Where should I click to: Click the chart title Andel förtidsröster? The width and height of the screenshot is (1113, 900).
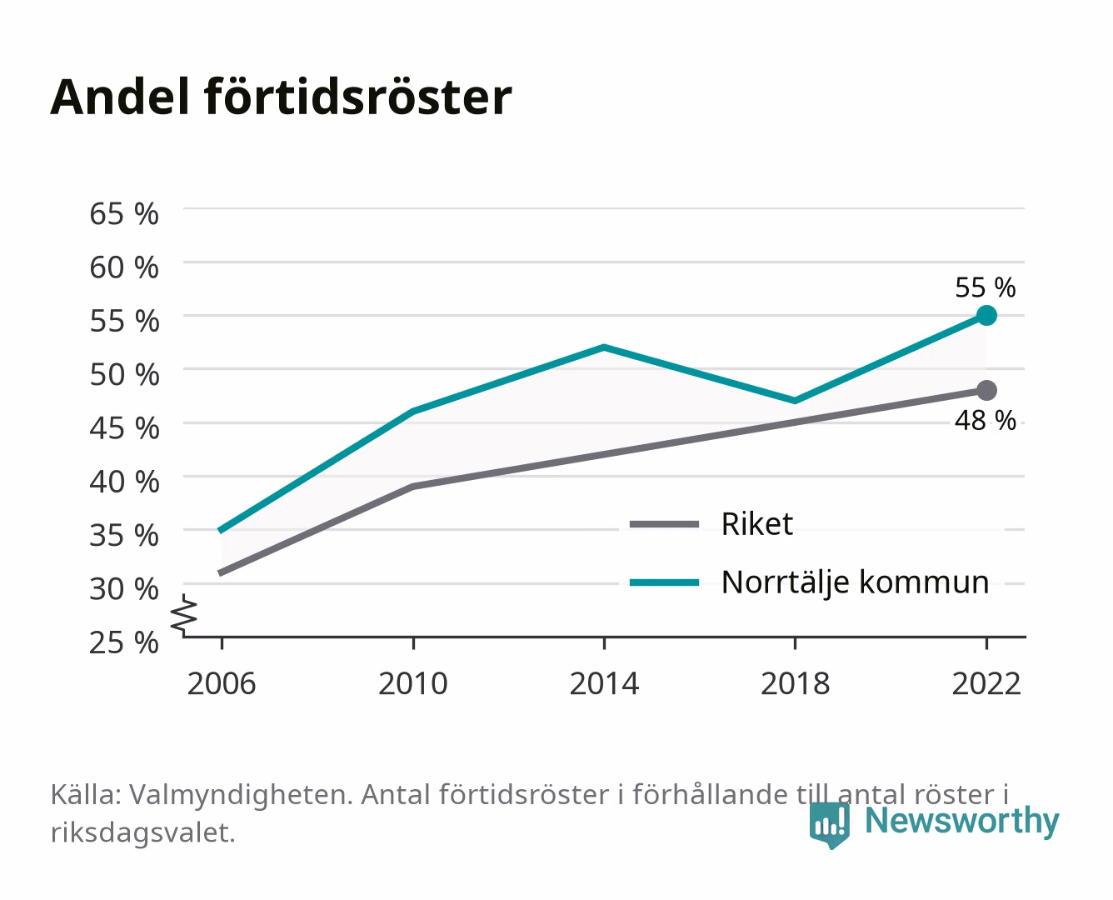coord(281,97)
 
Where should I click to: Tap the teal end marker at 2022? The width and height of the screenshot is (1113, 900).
coord(986,316)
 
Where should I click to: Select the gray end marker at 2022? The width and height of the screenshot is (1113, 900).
coord(986,390)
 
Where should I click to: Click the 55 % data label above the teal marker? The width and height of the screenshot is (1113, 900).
coord(986,287)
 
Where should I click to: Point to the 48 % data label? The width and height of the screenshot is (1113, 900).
coord(986,421)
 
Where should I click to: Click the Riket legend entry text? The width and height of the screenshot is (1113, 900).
coord(757,523)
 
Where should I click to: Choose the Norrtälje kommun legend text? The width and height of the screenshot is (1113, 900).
coord(856,583)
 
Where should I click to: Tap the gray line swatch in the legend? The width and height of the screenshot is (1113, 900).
coord(664,524)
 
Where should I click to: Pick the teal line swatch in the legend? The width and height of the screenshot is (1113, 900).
coord(664,582)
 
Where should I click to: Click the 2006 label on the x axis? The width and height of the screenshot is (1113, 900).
coord(222,683)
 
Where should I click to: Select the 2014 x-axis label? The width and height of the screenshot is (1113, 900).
coord(604,683)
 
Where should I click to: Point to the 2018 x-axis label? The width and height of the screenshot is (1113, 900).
coord(796,683)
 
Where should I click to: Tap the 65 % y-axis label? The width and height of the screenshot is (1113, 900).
coord(124,214)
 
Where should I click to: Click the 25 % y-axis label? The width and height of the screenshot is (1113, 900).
coord(124,642)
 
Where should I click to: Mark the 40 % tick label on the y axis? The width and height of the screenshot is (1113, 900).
coord(124,482)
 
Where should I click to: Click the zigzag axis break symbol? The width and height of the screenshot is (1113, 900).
coord(184,615)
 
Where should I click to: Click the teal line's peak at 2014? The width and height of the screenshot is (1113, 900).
coord(604,347)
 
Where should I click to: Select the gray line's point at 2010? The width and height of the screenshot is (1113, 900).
coord(413,487)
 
